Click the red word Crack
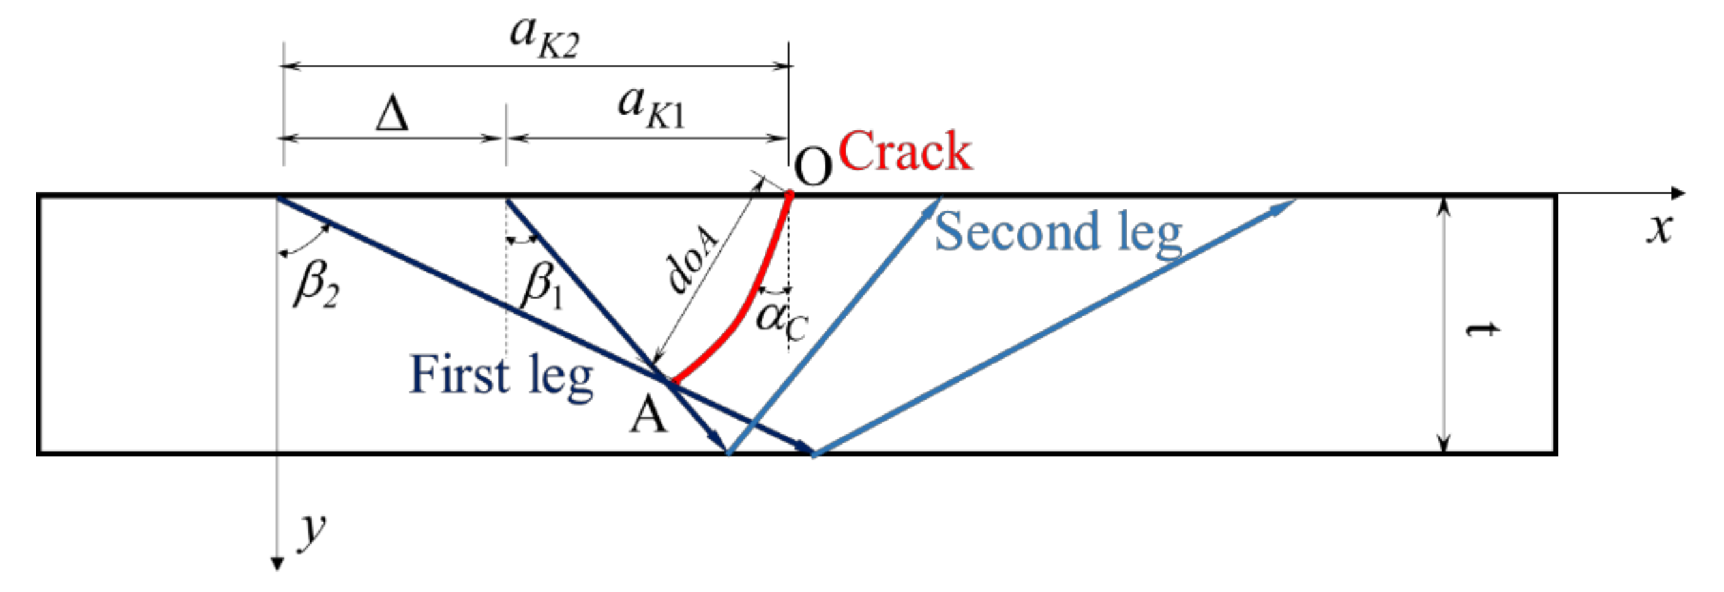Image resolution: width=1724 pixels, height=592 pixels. (x=905, y=152)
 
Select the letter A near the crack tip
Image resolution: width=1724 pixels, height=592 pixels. (x=649, y=415)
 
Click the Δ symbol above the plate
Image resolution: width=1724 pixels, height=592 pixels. (x=392, y=114)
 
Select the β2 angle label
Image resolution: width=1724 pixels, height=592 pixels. (x=316, y=284)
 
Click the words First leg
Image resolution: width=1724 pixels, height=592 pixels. (x=501, y=376)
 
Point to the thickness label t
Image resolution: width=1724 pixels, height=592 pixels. (x=1481, y=330)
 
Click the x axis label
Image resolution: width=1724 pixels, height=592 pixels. (x=1659, y=229)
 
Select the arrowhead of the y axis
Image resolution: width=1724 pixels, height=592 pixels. (x=277, y=563)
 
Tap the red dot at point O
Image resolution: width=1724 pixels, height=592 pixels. (x=789, y=194)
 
